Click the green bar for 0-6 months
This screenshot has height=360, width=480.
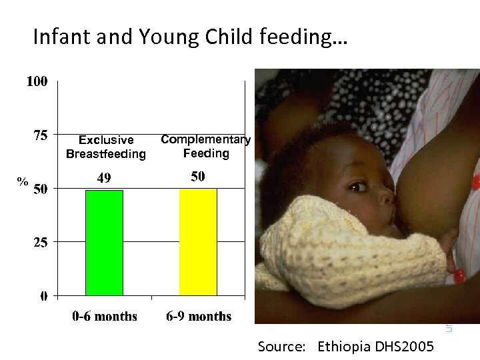(104, 243)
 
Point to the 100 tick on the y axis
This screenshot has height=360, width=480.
(37, 82)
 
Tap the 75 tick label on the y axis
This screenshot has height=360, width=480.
(41, 135)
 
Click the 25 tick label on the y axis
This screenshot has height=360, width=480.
(41, 243)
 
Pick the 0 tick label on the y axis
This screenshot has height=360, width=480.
(43, 296)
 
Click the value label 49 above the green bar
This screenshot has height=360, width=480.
(103, 178)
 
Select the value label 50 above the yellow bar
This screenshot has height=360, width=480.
(198, 177)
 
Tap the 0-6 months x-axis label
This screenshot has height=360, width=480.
(105, 316)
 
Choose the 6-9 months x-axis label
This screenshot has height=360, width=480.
(199, 316)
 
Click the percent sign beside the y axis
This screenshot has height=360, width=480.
(23, 181)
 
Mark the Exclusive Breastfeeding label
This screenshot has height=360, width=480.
(106, 147)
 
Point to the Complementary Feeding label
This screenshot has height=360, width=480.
(206, 147)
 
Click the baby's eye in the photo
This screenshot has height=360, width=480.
(358, 185)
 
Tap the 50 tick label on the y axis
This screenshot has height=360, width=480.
(41, 189)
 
